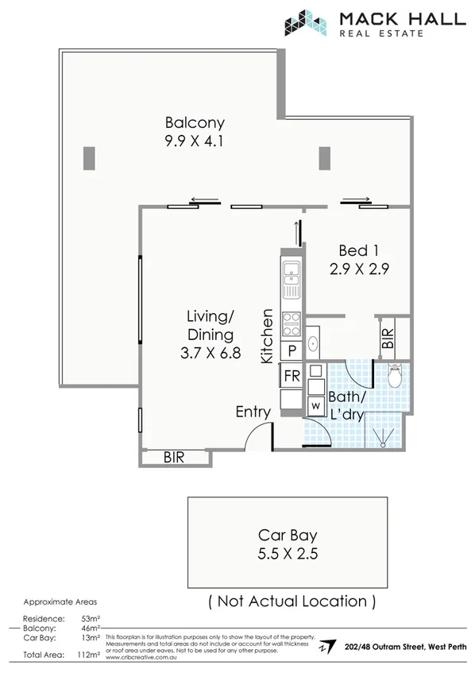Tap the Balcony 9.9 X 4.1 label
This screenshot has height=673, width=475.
point(195,132)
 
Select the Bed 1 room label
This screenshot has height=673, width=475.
point(357,258)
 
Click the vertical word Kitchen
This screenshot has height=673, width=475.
point(268,336)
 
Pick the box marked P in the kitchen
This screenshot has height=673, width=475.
point(292,350)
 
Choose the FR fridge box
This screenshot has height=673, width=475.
point(292,375)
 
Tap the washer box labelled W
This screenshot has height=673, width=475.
point(315,405)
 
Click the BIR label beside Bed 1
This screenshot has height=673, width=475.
point(388,339)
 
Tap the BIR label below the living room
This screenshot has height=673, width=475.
point(175,458)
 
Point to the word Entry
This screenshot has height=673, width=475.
point(253,412)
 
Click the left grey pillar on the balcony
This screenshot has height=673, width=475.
point(88,158)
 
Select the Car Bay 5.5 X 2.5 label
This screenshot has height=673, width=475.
point(288,544)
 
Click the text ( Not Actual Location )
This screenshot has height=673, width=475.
point(291,601)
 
